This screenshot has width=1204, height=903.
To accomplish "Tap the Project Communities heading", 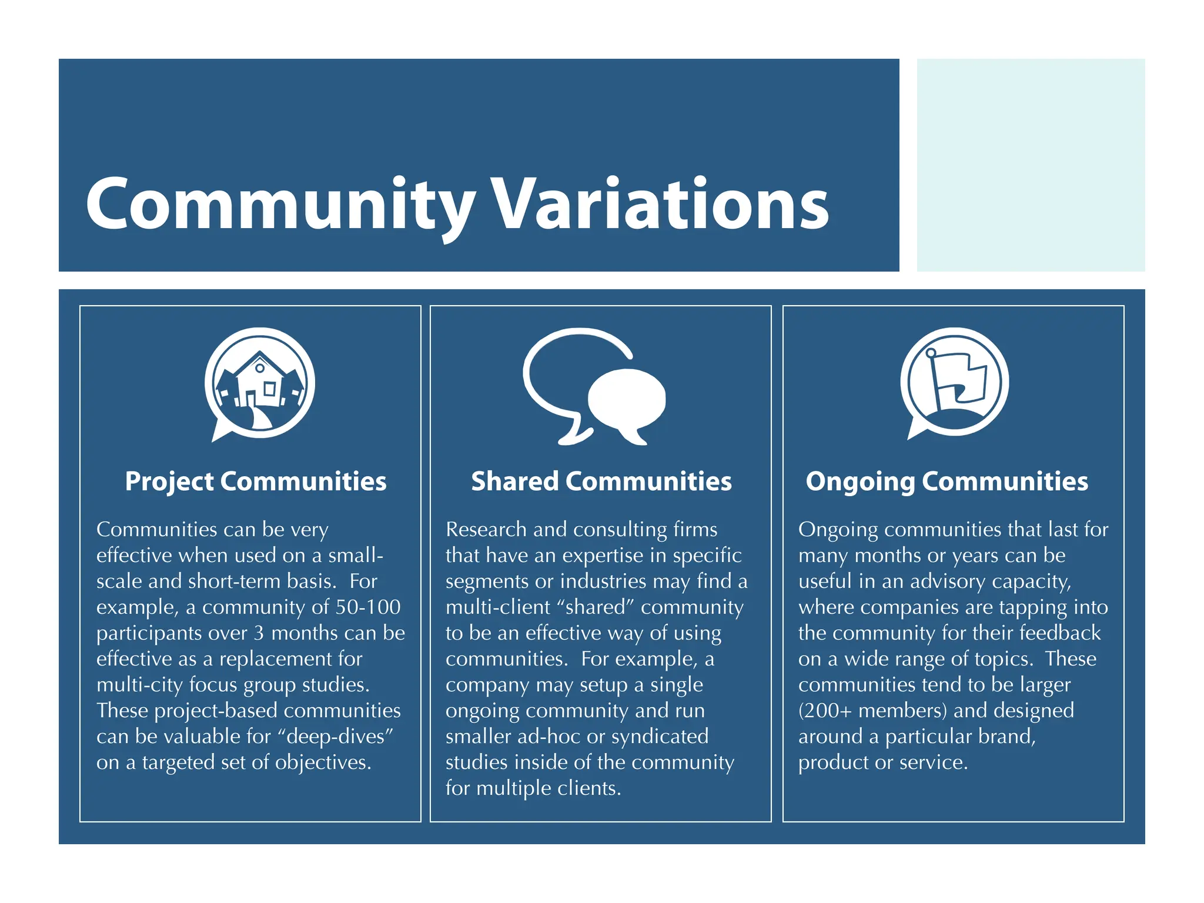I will (x=256, y=481).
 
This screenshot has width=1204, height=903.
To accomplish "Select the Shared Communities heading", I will (x=601, y=481).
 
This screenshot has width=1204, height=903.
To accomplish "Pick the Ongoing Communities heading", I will (x=947, y=481).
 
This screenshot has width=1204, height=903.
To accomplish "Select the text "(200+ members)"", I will (x=872, y=711).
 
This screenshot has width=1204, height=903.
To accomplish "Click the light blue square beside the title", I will (x=1031, y=165).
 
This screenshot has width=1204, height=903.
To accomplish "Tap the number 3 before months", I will (x=259, y=633).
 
